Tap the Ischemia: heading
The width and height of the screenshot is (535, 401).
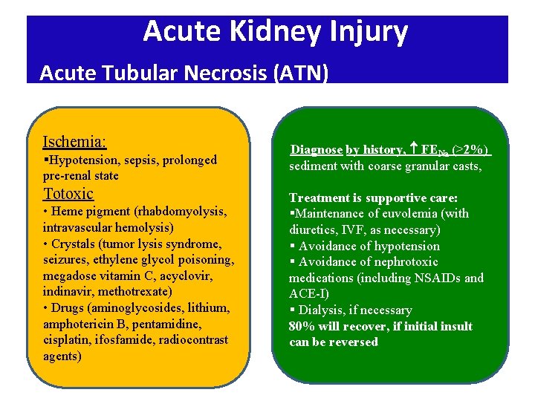click(74, 141)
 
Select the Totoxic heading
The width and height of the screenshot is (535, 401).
click(68, 194)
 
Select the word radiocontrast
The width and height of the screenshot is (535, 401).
click(192, 339)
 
